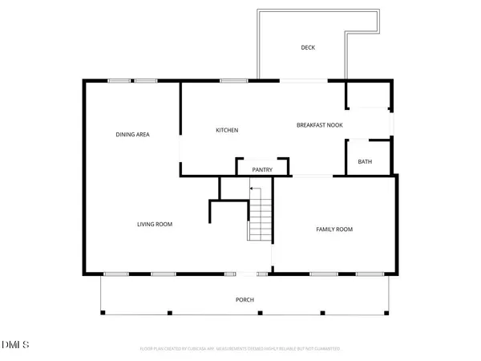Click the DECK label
[308, 48]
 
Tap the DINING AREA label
[133, 134]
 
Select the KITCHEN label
[227, 130]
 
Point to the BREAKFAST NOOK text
[320, 125]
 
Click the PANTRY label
[262, 169]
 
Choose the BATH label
[365, 162]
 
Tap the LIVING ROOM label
[155, 224]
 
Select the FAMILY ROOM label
[333, 229]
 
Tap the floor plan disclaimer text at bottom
[240, 349]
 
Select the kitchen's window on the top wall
[233, 80]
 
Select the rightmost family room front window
[369, 274]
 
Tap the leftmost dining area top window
[121, 80]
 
